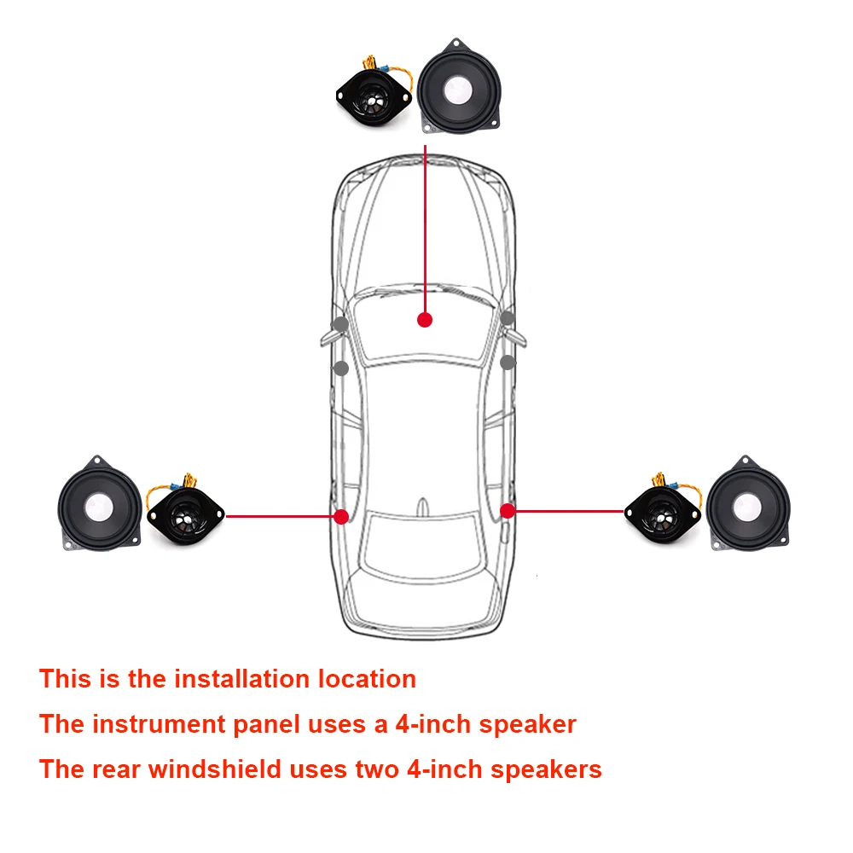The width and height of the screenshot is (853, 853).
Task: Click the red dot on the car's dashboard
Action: point(425,319)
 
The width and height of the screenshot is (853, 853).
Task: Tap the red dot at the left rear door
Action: point(341,516)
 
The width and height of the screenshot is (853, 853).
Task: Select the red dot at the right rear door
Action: point(508,510)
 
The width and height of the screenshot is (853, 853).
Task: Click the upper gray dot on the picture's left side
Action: point(340,324)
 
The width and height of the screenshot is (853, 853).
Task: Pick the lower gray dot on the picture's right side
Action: point(508,363)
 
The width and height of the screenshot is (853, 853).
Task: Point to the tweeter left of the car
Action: point(184,514)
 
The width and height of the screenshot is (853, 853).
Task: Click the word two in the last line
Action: point(377,769)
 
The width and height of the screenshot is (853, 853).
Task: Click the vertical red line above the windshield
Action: point(425,222)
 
